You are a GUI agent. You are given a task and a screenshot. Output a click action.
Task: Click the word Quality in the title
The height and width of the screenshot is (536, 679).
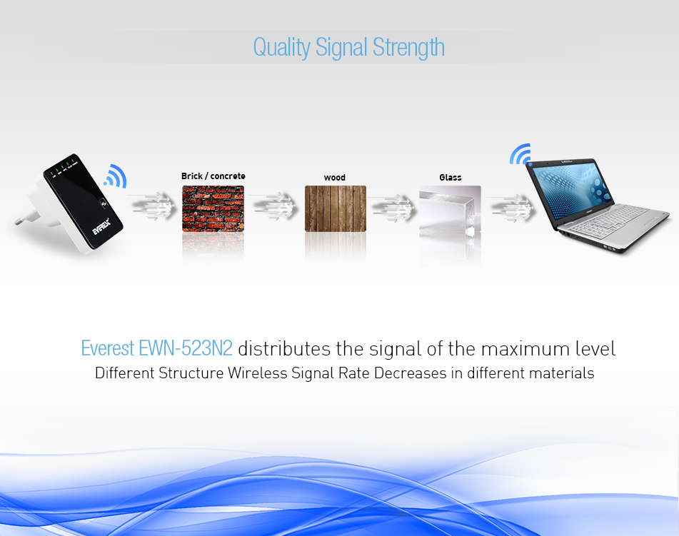(x=281, y=48)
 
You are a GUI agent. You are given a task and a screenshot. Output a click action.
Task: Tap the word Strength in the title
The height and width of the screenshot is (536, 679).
(x=408, y=48)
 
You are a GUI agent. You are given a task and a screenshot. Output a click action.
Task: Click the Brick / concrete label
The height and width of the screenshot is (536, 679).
(x=213, y=176)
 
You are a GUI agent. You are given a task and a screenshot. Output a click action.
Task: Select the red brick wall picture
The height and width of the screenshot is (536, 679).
(x=213, y=208)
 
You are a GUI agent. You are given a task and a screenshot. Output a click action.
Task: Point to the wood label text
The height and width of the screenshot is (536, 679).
(x=335, y=178)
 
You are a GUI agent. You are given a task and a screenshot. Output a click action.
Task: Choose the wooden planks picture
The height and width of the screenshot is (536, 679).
(x=336, y=208)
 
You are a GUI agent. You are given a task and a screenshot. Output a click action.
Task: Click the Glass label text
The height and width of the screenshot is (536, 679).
(x=451, y=178)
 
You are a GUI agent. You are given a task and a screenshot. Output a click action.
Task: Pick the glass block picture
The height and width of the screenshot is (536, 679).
(x=450, y=211)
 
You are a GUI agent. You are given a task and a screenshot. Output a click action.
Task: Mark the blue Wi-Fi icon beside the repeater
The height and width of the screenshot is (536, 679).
(x=116, y=177)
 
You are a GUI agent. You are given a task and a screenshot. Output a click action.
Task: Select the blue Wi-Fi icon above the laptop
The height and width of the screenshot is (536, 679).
(x=520, y=155)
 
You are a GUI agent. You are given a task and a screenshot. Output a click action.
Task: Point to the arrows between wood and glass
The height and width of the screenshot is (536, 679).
(x=393, y=208)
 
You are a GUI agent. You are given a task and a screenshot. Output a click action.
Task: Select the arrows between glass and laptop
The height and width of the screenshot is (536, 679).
(x=511, y=208)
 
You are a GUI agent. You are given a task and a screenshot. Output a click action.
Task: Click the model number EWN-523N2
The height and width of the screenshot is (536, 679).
(x=186, y=348)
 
